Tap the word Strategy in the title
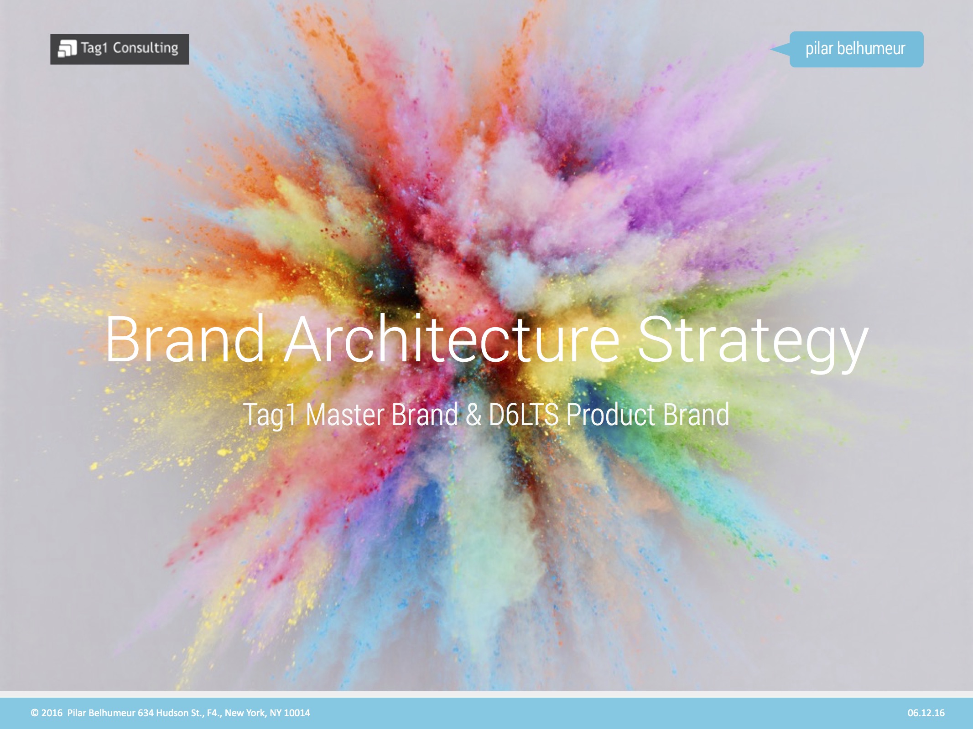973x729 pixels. pos(753,342)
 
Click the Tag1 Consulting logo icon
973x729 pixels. pos(67,49)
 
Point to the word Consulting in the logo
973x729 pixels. pos(146,48)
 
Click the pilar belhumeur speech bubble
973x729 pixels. pos(856,49)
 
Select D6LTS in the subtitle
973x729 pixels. pos(523,415)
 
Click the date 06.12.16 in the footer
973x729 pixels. pos(926,713)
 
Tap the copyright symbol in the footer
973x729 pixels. pos(35,713)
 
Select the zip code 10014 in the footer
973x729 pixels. pos(297,713)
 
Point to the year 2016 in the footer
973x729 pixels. pos(52,713)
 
